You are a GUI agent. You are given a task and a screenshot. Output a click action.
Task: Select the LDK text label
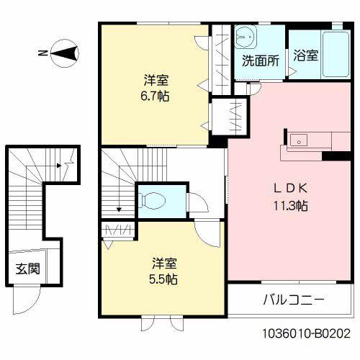tap(289, 189)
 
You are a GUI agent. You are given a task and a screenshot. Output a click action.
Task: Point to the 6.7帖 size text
tap(155, 96)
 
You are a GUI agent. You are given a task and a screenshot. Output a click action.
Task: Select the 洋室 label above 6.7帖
tap(155, 79)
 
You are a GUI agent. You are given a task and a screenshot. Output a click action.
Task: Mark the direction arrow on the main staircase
tap(118, 210)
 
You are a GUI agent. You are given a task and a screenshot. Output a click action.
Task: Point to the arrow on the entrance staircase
tap(59, 166)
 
